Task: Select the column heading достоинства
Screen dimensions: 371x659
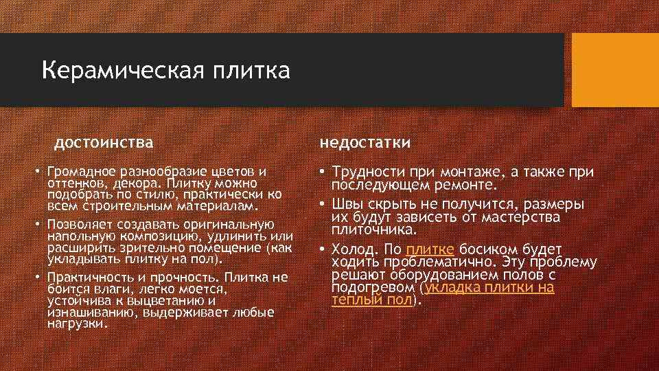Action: point(104,142)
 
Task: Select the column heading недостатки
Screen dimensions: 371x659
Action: point(365,142)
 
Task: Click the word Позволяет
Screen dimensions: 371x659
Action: point(78,224)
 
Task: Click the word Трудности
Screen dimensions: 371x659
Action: point(365,172)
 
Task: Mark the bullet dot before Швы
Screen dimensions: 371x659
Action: point(321,205)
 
